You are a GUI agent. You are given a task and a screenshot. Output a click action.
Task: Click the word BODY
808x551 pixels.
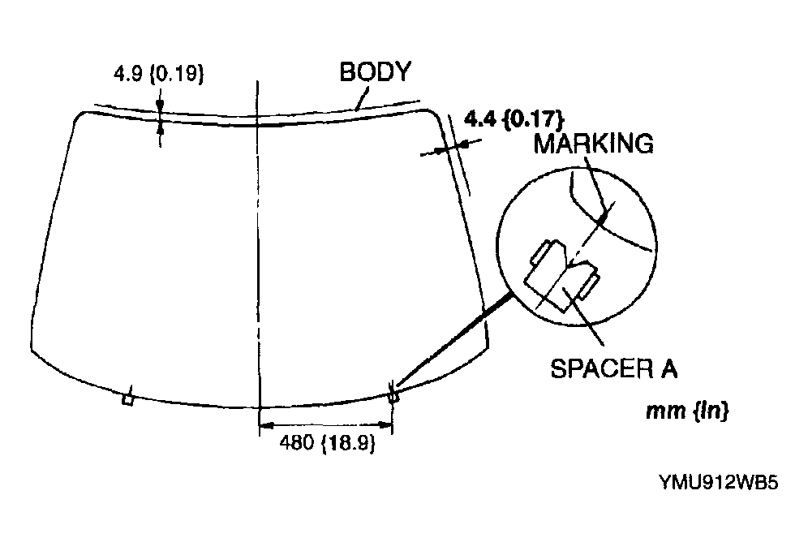point(375,71)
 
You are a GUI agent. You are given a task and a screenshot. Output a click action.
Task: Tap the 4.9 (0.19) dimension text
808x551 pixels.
point(158,74)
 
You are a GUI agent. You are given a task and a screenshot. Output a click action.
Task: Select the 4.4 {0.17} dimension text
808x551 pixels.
point(514,118)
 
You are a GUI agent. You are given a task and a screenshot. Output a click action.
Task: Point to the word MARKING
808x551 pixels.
point(593,144)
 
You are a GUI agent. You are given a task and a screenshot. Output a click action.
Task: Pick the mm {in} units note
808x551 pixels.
point(686,411)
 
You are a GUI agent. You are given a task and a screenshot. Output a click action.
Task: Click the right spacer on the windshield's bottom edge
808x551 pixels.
point(393,396)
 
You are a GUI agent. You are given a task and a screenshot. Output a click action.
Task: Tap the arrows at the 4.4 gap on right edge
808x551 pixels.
point(449,146)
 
